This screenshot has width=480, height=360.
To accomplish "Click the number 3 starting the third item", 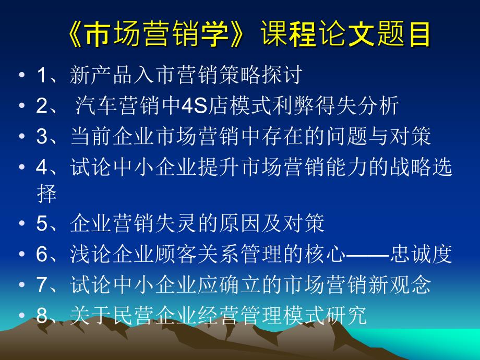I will pyautogui.click(x=42, y=137).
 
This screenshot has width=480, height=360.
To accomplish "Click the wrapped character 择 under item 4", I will pyautogui.click(x=46, y=195).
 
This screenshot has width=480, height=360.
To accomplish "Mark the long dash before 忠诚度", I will pyautogui.click(x=367, y=255).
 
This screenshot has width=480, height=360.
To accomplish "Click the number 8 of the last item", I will pyautogui.click(x=42, y=315).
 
